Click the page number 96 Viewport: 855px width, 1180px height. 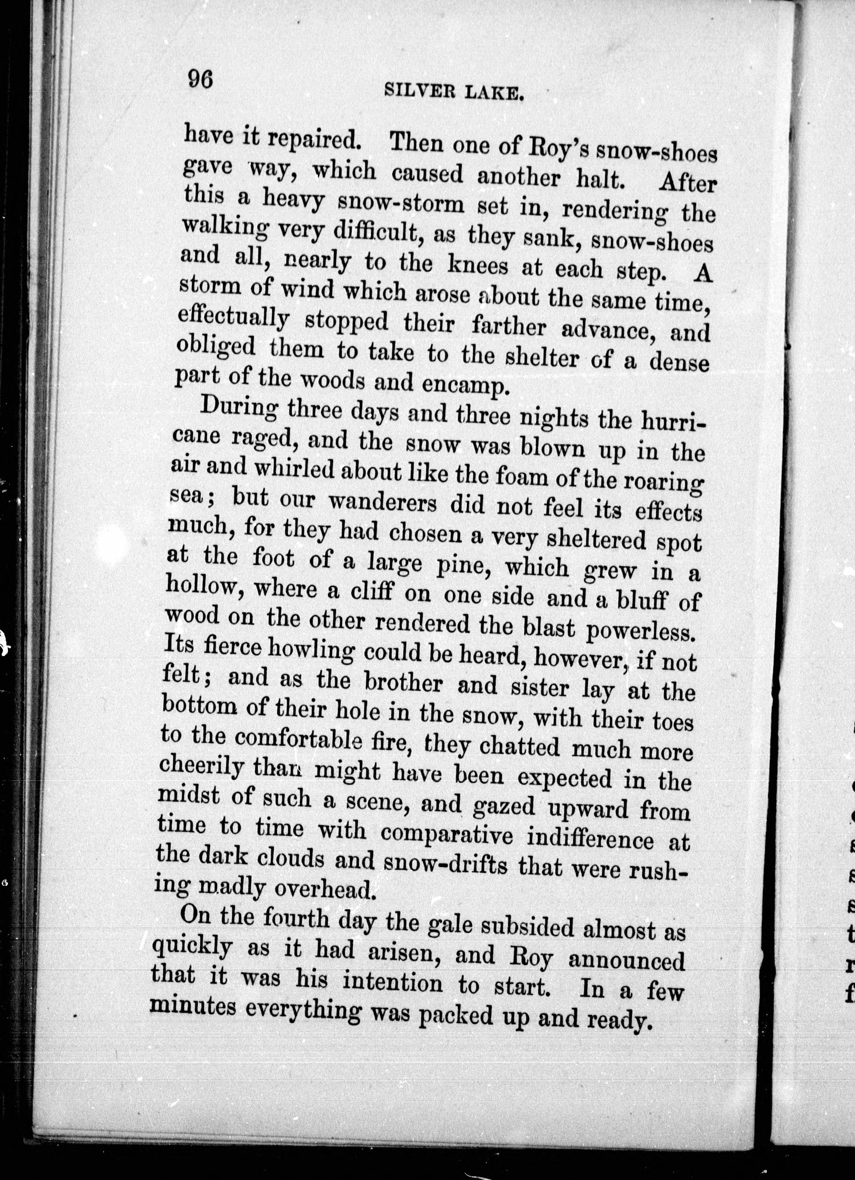point(200,81)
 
